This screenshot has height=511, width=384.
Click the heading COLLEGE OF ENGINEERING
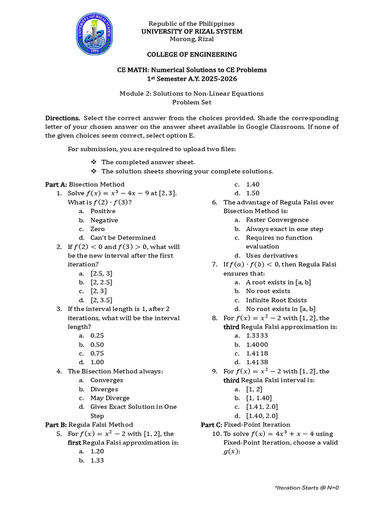[191, 54]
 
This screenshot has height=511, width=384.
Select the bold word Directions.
[62, 118]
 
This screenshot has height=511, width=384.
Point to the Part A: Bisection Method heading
[85, 184]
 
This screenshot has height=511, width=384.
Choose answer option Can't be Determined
[122, 238]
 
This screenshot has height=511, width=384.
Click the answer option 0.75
[97, 353]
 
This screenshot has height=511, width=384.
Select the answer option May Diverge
[109, 398]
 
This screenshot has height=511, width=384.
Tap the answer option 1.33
[97, 461]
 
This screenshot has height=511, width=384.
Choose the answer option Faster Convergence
[277, 220]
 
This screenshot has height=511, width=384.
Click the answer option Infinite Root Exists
[276, 300]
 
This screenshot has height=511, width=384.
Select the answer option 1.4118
[257, 353]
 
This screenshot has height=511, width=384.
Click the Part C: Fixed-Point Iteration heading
[245, 425]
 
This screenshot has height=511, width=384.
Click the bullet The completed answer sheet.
[148, 162]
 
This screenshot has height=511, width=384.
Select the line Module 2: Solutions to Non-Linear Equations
[191, 93]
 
